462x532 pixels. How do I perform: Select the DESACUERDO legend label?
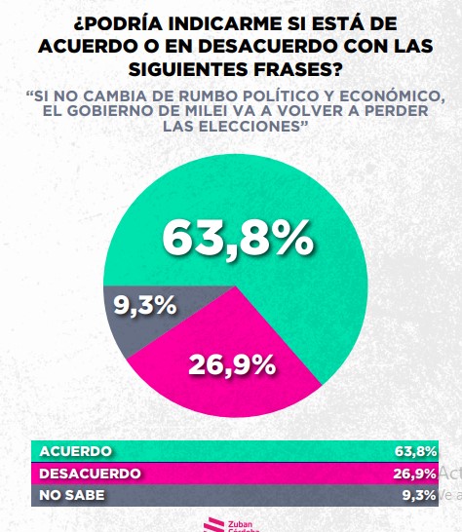point(90,474)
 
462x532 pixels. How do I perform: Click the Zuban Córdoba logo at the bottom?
point(231,522)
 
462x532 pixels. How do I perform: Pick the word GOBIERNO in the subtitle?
point(111,114)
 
